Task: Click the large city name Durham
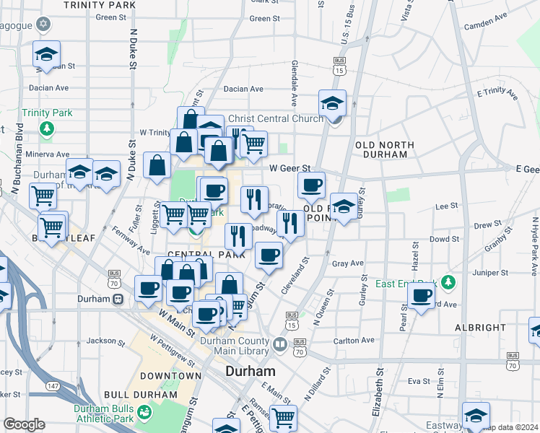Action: [x=251, y=371]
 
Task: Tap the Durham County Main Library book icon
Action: [x=279, y=343]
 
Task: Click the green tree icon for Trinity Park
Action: [x=47, y=128]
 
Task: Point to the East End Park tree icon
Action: [x=449, y=281]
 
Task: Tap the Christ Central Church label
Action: [x=275, y=118]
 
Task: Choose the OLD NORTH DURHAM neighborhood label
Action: [x=385, y=150]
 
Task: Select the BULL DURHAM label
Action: [x=140, y=395]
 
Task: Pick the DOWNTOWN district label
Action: [x=170, y=376]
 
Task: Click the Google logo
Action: [x=23, y=424]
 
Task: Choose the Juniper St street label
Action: [x=494, y=274]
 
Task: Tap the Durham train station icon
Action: [x=118, y=299]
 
